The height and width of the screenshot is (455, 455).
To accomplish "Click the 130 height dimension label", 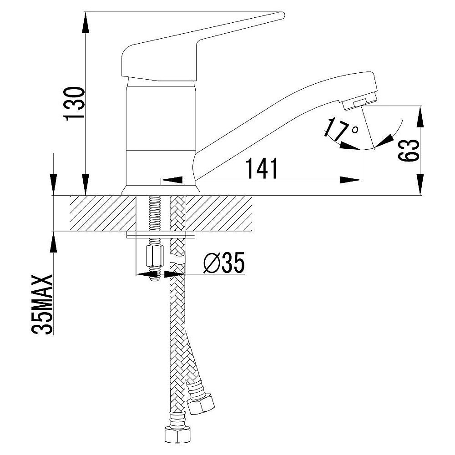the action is click(x=75, y=103).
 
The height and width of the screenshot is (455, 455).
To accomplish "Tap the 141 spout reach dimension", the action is click(x=262, y=168).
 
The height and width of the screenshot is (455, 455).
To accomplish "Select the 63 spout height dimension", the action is click(x=409, y=151).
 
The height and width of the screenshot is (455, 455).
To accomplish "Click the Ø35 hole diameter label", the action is click(x=224, y=263).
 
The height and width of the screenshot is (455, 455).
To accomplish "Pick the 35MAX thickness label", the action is click(x=43, y=304).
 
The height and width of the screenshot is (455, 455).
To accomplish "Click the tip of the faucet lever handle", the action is click(x=283, y=15).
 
